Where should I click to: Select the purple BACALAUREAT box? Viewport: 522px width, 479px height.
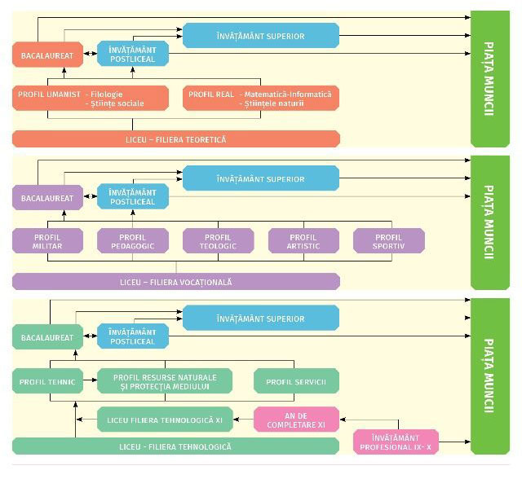pos(47,197)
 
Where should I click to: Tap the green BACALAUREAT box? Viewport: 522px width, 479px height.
pos(47,336)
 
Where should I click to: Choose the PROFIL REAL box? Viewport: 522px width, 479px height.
pos(261,99)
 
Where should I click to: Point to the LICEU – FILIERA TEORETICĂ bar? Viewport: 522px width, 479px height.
pos(175,139)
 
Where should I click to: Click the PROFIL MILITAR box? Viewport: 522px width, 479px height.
pos(47,240)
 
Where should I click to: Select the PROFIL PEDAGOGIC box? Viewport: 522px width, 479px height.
pos(133,240)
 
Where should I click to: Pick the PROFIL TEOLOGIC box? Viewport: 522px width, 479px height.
pos(218,240)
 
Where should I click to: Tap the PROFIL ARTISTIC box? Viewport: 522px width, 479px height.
pos(303,240)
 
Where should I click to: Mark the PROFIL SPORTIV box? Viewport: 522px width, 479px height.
pos(388,240)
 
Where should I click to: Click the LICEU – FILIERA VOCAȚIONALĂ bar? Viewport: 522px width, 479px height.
pos(175,282)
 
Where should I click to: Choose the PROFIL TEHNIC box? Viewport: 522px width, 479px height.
pos(47,380)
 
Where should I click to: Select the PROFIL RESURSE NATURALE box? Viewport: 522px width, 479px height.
pos(165,380)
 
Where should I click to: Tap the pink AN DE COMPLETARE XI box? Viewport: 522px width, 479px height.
pos(296,420)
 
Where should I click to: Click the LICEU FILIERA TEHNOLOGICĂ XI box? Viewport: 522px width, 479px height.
pos(165,420)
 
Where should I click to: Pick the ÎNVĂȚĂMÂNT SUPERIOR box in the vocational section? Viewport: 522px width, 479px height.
pos(260,178)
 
